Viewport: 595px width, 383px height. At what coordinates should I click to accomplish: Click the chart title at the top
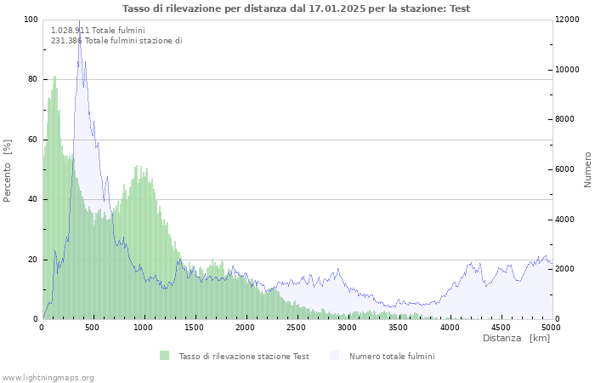coord(296,9)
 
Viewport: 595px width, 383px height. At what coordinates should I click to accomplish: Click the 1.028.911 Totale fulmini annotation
coord(98,30)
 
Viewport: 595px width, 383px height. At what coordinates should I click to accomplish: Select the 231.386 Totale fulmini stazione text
coord(116,41)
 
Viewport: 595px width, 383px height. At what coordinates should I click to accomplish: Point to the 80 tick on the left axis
coord(32,79)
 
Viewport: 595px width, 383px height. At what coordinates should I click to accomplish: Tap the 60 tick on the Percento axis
coord(32,140)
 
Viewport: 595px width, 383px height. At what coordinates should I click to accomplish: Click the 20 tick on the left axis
coord(32,260)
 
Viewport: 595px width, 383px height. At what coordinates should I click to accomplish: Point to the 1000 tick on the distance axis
coord(144,327)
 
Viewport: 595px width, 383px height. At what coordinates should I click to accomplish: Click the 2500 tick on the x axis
coord(297,327)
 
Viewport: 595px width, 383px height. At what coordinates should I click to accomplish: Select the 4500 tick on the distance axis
coord(501,327)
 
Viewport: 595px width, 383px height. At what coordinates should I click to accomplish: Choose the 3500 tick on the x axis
coord(399,327)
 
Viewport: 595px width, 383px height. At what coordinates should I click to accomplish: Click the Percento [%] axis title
coord(8,170)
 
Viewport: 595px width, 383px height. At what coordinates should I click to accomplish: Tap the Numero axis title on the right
coord(587,169)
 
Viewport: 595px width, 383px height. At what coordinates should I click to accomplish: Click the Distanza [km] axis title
coord(516,339)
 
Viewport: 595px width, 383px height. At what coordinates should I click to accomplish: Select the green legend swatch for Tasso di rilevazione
coord(164,356)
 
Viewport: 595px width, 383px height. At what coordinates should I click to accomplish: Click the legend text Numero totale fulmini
coord(391,357)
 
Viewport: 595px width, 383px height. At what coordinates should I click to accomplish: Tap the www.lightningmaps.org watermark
coord(48,377)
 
